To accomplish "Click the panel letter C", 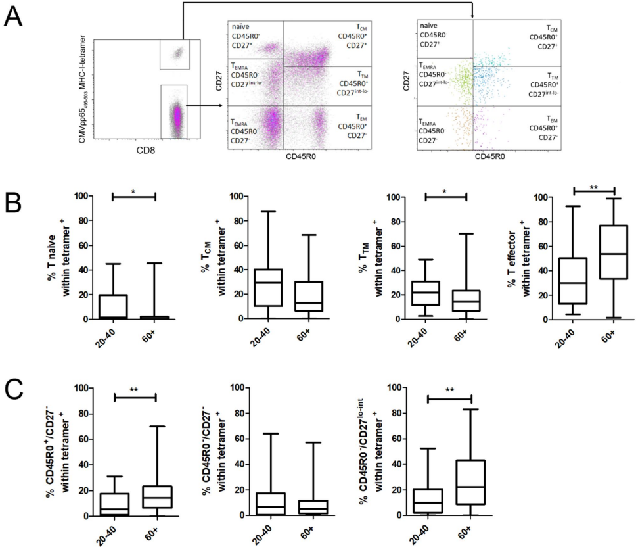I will tap(14, 396).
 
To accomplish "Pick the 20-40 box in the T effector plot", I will tap(573, 272).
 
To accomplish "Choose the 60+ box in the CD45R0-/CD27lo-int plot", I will tap(471, 482).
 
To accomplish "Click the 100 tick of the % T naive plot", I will tap(81, 196).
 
